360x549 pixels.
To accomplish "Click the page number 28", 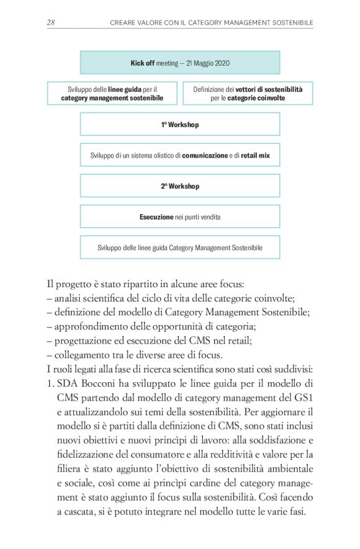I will [x=52, y=22].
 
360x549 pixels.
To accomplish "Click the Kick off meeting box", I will [x=179, y=63].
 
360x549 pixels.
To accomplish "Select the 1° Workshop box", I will [x=179, y=124].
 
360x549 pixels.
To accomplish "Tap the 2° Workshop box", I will [x=179, y=185].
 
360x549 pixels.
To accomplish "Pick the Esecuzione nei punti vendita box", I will [x=179, y=216].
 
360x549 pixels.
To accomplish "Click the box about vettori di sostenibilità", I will [x=248, y=93].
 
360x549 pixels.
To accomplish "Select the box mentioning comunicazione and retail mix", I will [x=179, y=155].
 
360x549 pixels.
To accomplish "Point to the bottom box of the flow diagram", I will [x=179, y=248].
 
